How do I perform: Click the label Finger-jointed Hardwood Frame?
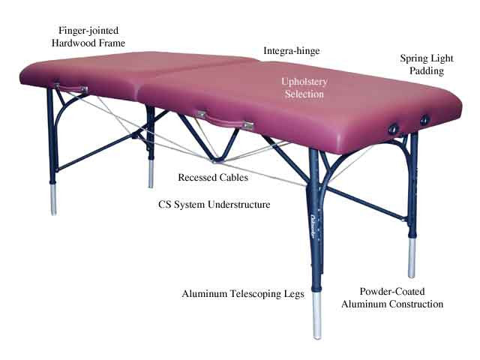tap(88, 37)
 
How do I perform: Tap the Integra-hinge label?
tap(292, 51)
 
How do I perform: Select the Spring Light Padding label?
tap(427, 64)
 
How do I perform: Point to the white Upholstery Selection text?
tap(304, 88)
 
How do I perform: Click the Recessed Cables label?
tap(213, 178)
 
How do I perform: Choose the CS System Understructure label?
tap(214, 205)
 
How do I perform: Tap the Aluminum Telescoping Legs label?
tap(243, 294)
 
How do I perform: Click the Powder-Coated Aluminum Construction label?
tap(392, 298)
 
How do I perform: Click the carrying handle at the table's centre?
tap(225, 120)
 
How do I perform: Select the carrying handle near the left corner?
tap(71, 88)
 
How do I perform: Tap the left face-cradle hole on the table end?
tap(393, 129)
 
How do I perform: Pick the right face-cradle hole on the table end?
tap(425, 120)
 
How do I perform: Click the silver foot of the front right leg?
tap(317, 315)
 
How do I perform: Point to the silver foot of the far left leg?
tap(53, 199)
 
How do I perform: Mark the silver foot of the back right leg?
tap(412, 258)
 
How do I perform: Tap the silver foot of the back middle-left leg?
tap(151, 173)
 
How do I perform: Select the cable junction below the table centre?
tap(217, 160)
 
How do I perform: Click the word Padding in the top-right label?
tap(427, 71)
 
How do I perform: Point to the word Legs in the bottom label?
tap(294, 294)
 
